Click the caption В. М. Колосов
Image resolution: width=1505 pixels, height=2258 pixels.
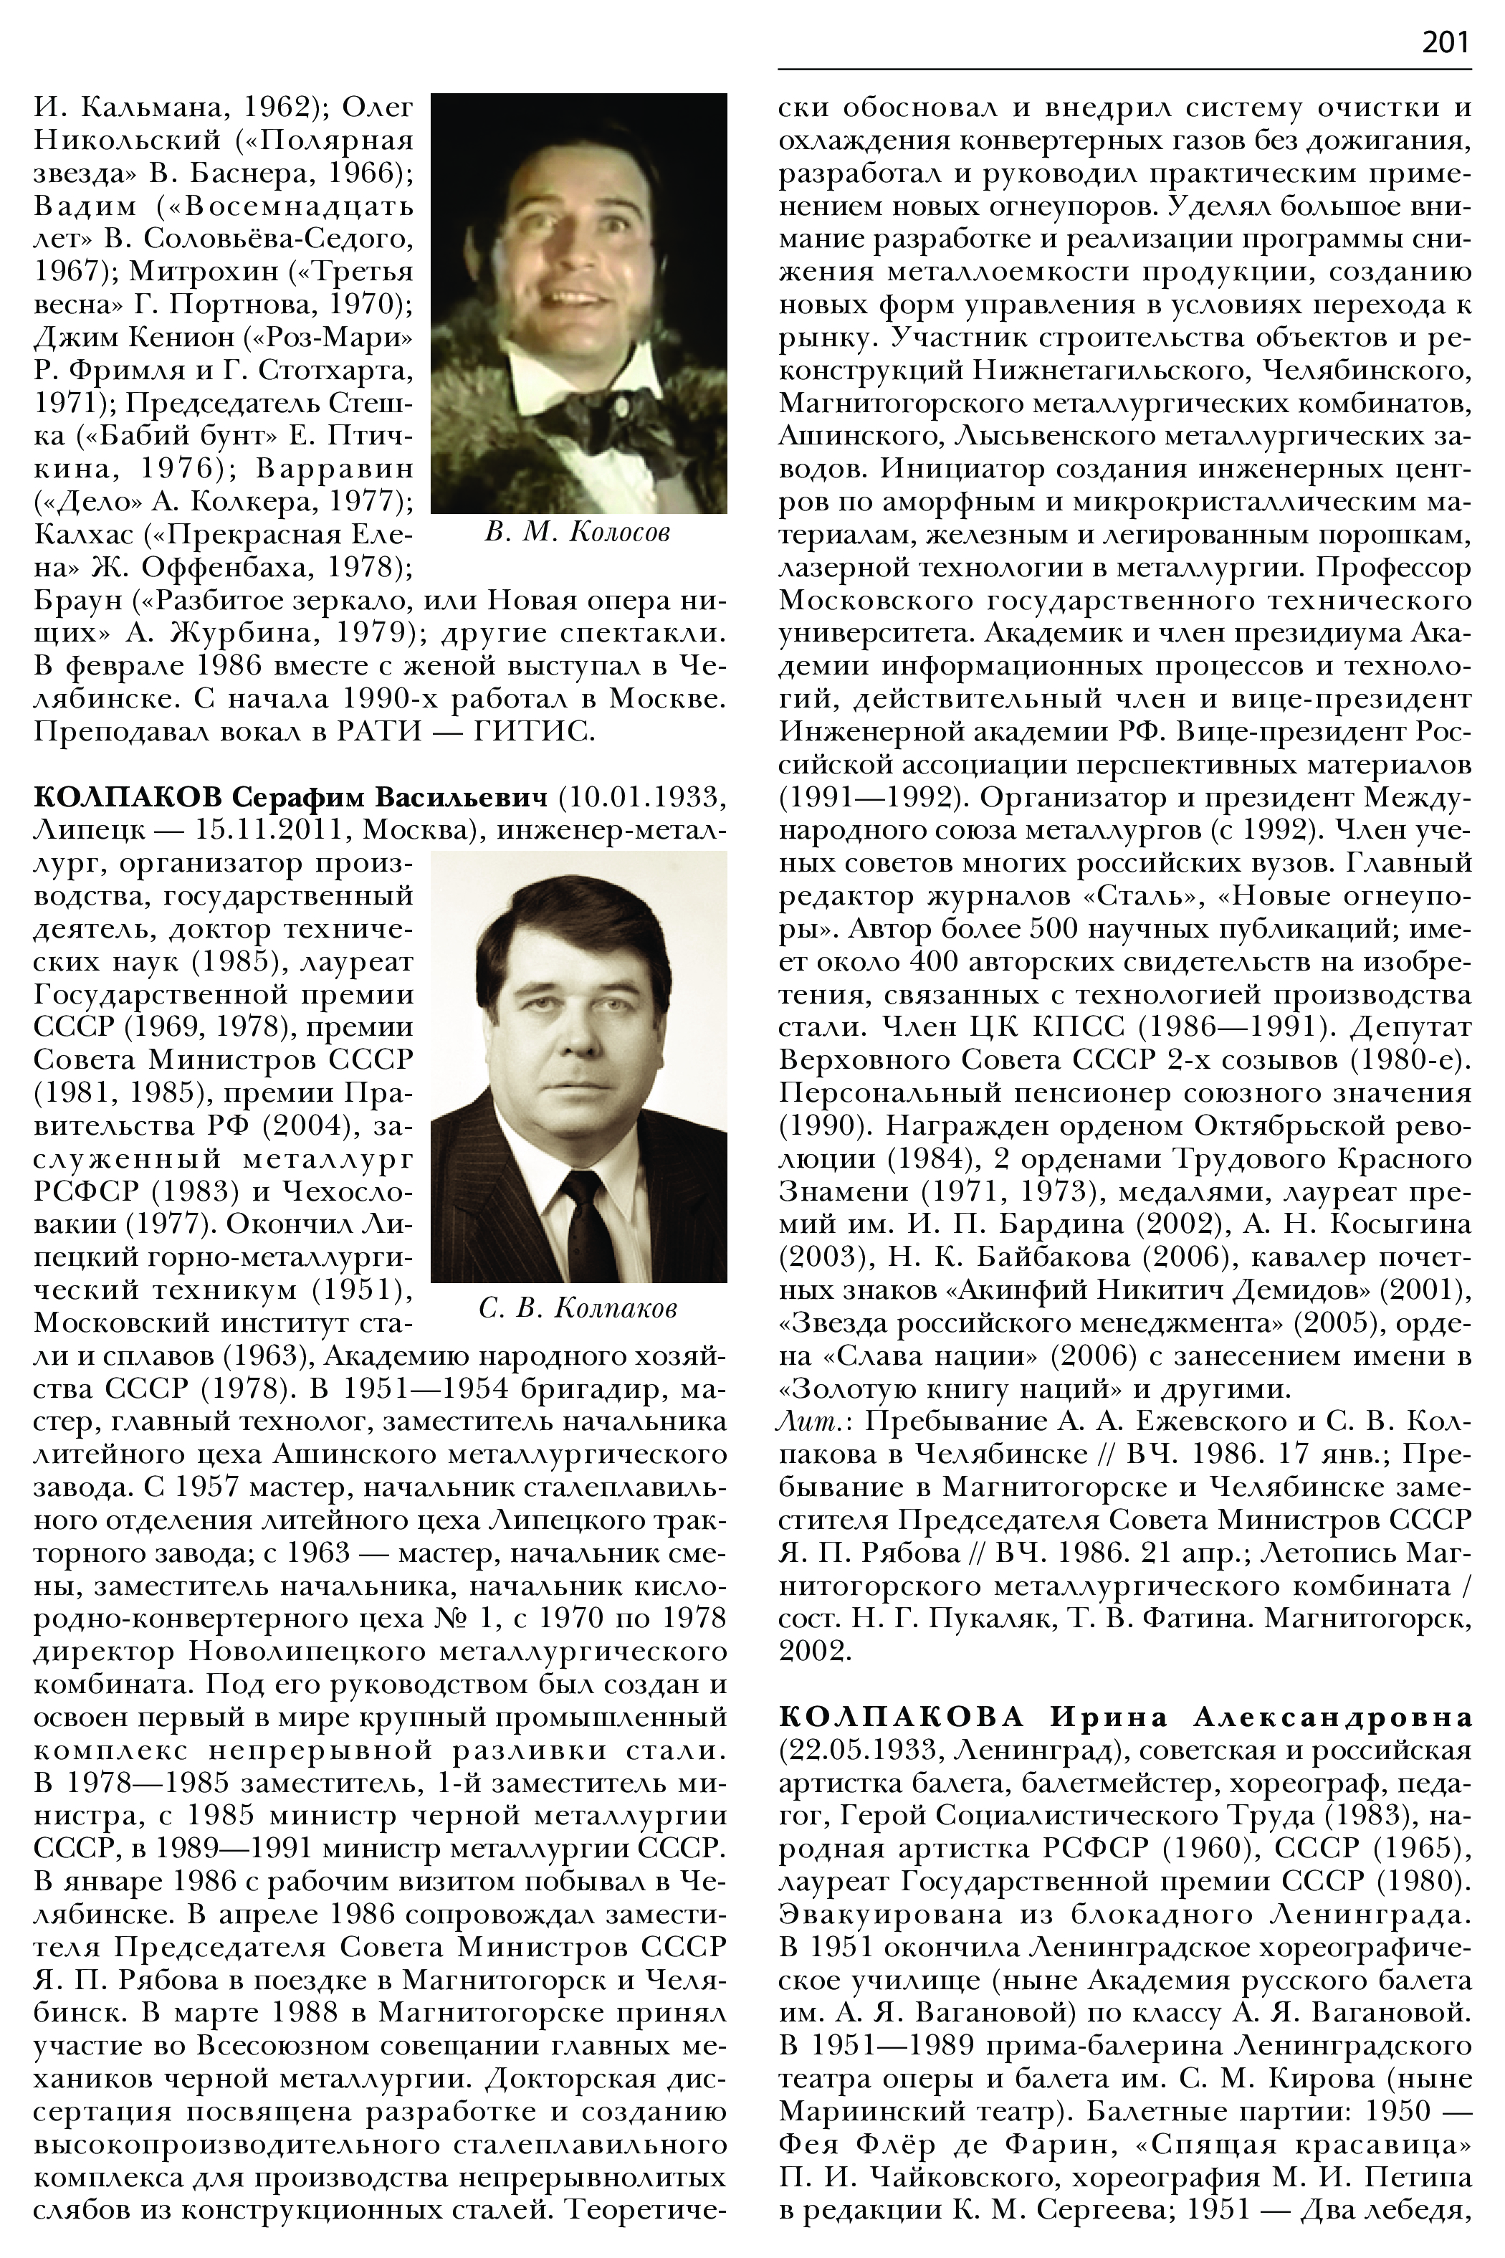click(x=578, y=533)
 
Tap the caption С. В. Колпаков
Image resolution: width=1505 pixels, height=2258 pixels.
click(x=578, y=1308)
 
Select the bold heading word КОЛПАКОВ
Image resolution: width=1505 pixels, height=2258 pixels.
click(x=127, y=798)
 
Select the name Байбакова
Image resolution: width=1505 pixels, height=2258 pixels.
click(x=1007, y=1257)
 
